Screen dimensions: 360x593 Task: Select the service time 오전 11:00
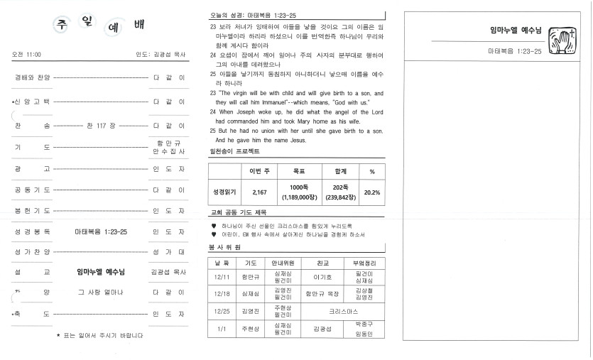27,54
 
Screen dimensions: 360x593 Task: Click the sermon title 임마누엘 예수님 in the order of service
100,271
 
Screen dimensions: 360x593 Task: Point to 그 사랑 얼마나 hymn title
100,292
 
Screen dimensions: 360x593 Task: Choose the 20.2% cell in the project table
371,192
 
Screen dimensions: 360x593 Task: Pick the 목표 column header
299,171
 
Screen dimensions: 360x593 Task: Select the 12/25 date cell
222,311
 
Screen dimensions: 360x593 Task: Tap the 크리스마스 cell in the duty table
344,311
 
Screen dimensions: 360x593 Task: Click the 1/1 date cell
222,329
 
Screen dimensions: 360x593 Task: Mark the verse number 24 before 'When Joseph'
213,112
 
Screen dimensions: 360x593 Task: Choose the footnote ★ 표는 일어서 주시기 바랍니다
99,335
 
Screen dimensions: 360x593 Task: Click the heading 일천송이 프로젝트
234,151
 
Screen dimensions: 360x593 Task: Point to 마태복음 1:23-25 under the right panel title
515,51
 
